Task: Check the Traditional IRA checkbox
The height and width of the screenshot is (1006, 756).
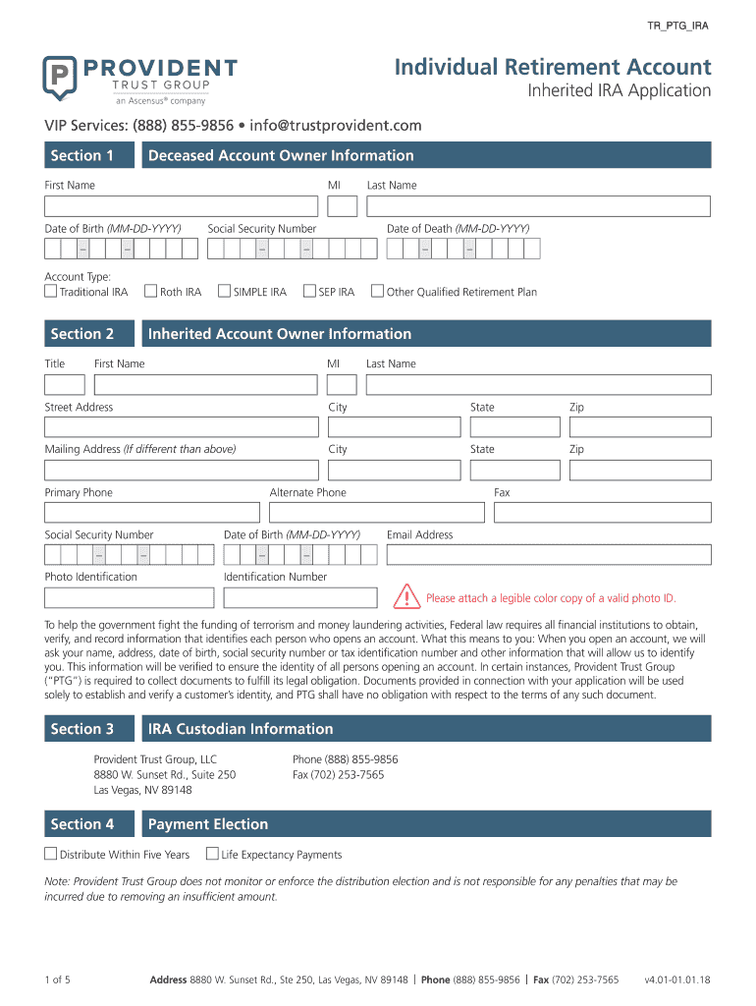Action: point(51,291)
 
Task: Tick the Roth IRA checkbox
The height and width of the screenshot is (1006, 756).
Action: point(151,291)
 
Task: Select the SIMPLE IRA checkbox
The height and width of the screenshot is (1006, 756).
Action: point(224,291)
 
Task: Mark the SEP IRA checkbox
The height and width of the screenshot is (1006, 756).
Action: point(310,291)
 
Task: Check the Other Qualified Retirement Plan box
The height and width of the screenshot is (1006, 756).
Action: point(377,291)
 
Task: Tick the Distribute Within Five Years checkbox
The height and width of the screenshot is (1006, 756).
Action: point(51,854)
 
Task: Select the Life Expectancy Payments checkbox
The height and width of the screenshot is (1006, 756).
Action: point(212,854)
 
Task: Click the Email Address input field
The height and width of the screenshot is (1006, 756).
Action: point(548,555)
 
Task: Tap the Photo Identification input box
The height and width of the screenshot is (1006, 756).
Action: point(129,597)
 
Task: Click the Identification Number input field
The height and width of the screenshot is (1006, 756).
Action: point(300,597)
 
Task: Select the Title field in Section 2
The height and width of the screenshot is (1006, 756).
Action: point(64,384)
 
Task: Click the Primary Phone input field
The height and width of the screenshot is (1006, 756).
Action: point(152,512)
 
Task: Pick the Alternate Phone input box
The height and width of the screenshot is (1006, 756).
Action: point(377,512)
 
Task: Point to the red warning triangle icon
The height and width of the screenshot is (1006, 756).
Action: point(405,596)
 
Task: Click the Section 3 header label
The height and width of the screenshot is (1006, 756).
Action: point(82,729)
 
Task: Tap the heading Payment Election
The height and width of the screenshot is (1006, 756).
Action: point(208,824)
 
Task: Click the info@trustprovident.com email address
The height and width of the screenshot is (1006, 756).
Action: point(336,126)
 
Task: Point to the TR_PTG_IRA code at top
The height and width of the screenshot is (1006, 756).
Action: point(678,26)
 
